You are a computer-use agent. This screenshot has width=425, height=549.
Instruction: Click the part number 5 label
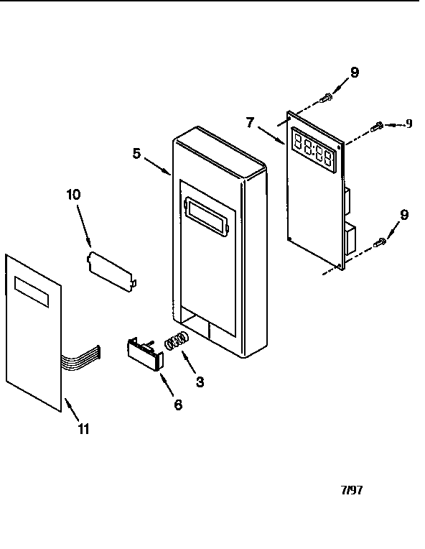(137, 153)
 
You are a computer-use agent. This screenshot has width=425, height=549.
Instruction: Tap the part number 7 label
(250, 123)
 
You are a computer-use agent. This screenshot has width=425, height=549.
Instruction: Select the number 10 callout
(73, 195)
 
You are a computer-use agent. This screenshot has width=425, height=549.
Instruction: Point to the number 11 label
(83, 428)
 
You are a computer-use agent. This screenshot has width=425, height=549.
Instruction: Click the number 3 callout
(200, 382)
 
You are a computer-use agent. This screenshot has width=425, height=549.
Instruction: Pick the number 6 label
(178, 405)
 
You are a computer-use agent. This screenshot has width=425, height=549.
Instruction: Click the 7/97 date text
(352, 490)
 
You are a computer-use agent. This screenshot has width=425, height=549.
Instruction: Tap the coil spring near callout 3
(177, 341)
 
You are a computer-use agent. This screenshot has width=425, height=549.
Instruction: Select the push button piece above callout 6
(145, 354)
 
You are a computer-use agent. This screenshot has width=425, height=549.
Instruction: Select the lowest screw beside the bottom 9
(380, 242)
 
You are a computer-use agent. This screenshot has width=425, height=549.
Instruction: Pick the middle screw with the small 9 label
(377, 126)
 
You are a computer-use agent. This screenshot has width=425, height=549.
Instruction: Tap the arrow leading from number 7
(272, 135)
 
